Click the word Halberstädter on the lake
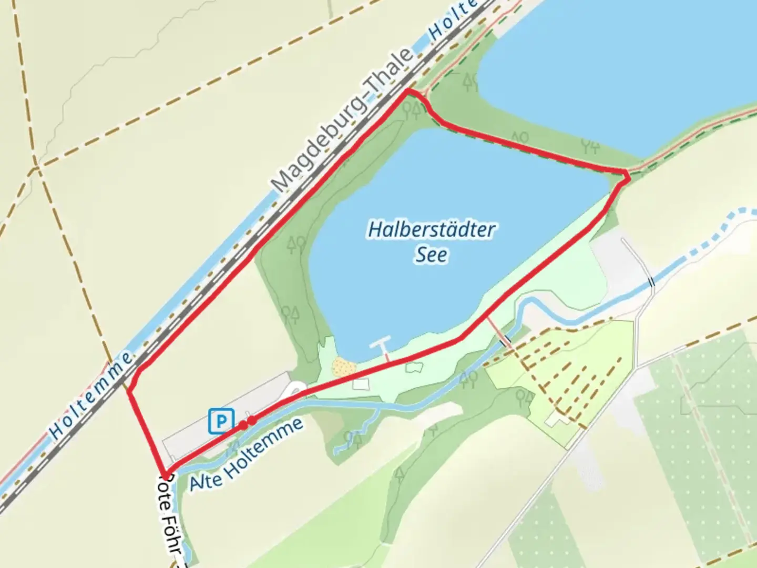click(431, 230)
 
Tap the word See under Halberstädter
click(431, 255)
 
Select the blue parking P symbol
click(221, 421)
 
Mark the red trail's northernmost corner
click(408, 92)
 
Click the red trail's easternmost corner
click(628, 177)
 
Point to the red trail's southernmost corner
click(167, 474)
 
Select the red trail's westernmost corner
click(129, 390)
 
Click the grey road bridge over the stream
click(652, 282)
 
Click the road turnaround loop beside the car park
click(294, 390)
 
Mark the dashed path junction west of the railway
click(36, 168)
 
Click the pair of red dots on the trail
click(248, 422)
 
